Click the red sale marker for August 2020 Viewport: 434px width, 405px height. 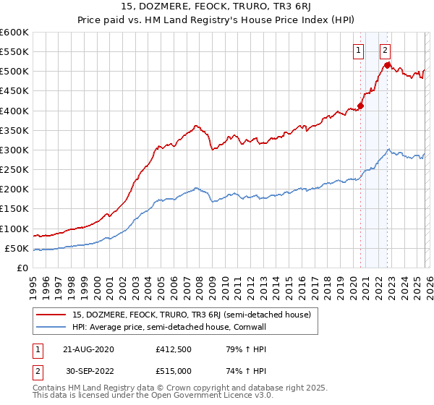[360, 106]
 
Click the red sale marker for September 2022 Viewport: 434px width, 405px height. [388, 65]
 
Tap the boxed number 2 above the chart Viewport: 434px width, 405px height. [385, 50]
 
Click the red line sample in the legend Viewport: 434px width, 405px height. [51, 315]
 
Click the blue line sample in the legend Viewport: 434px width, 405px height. [51, 327]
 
